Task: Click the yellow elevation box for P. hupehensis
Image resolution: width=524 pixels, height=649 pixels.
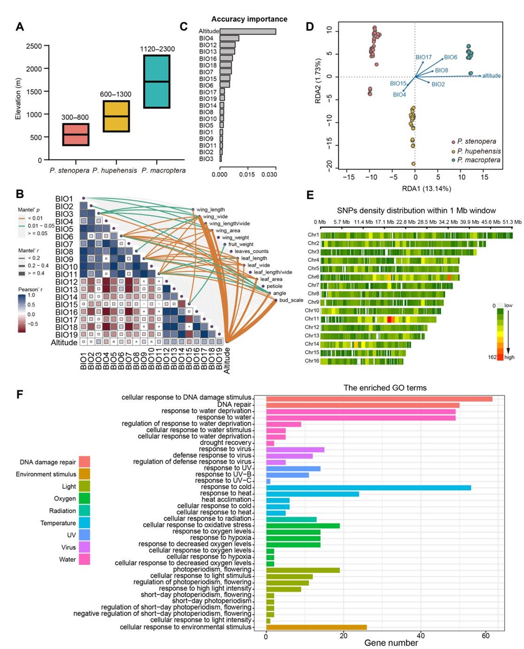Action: point(116,116)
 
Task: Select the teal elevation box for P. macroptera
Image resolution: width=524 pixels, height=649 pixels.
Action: point(157,81)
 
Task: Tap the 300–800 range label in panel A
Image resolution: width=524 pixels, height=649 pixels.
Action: point(75,117)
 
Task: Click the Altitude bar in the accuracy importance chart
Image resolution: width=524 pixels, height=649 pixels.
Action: point(248,32)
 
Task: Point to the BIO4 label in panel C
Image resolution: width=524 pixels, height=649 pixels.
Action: point(206,39)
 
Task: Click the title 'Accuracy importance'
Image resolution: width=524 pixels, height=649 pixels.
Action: point(249,19)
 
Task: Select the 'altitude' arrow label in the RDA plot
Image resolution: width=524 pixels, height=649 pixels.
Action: point(491,76)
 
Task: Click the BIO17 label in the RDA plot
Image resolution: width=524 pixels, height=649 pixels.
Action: point(423,57)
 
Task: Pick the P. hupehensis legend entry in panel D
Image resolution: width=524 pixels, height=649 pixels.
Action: point(479,151)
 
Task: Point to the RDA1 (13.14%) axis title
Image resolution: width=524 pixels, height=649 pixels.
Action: point(427,189)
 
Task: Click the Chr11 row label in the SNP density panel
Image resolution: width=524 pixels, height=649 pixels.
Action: point(312,319)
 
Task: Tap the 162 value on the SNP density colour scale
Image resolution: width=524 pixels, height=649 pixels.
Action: point(492,357)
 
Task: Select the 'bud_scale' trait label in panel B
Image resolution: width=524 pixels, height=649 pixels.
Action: point(291,300)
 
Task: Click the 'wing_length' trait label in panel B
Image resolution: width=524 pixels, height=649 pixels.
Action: point(210,210)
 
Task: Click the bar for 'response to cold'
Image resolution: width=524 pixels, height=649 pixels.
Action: point(368,487)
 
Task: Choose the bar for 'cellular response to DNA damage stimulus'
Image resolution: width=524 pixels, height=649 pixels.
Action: point(379,399)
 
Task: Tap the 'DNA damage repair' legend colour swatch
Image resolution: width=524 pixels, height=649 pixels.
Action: point(84,462)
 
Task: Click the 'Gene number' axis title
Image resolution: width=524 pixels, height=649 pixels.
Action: point(391,643)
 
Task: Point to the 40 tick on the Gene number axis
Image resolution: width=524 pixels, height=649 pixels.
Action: point(421,636)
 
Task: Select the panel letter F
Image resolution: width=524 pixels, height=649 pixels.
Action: point(20,395)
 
